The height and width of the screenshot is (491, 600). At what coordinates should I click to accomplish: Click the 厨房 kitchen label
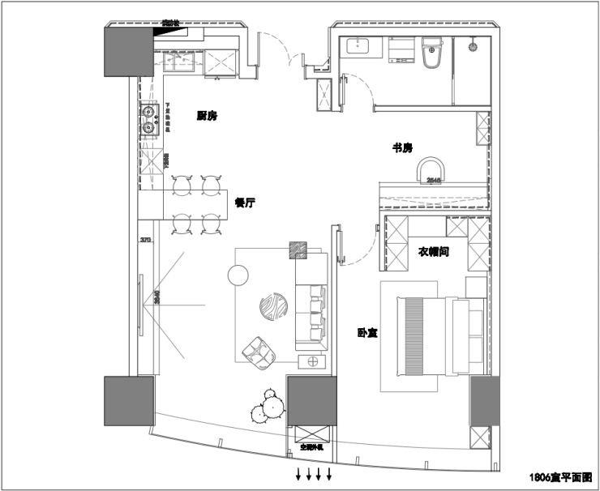pos(207,116)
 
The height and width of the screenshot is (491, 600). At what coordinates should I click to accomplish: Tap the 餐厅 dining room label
pos(245,203)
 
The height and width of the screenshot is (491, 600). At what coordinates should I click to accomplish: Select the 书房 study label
pos(403,147)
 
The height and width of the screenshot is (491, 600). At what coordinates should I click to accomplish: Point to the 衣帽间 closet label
pos(434,252)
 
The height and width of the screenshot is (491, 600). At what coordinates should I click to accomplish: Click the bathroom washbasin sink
pos(356,46)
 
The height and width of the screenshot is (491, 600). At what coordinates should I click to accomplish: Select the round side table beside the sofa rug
pos(237,275)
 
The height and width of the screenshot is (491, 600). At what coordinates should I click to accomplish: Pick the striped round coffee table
pos(273,308)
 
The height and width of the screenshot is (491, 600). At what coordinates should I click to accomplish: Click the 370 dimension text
pos(146,240)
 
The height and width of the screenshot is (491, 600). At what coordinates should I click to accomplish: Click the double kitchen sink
pos(149,118)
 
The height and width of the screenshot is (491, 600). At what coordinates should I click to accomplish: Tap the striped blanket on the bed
pos(413,335)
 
